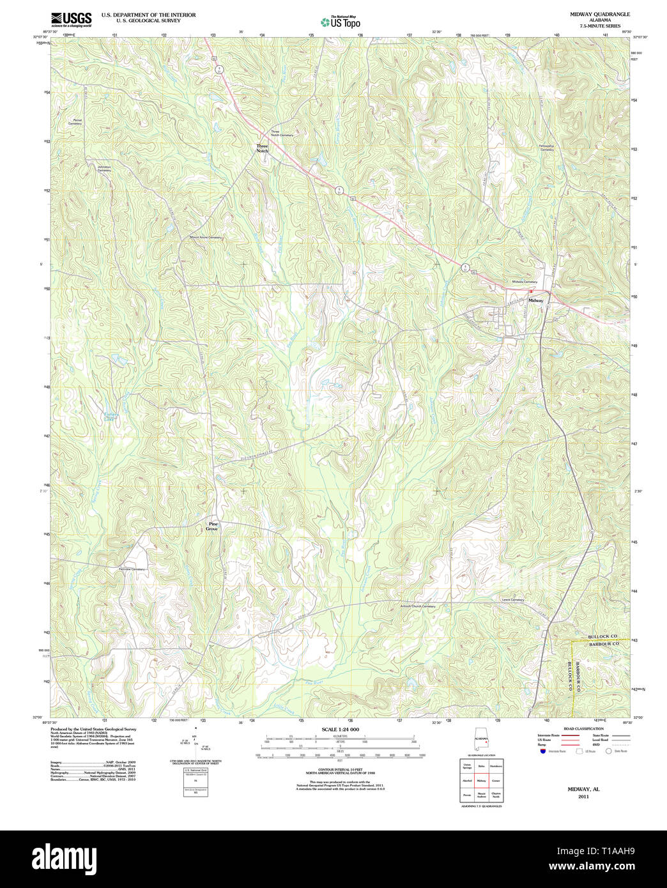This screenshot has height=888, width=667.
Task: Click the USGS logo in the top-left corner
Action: pyautogui.click(x=71, y=19)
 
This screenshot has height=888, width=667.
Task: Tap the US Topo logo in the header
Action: pyautogui.click(x=341, y=22)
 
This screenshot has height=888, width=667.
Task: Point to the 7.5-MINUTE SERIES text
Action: pyautogui.click(x=599, y=26)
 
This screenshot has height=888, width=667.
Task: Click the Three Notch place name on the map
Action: pyautogui.click(x=263, y=148)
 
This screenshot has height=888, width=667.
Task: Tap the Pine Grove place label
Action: pyautogui.click(x=213, y=526)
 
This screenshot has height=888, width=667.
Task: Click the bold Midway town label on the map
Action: pyautogui.click(x=535, y=300)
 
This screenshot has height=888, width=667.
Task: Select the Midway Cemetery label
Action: pyautogui.click(x=524, y=282)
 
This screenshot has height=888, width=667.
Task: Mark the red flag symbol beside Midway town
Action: pyautogui.click(x=530, y=291)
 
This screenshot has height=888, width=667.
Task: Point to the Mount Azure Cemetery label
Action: pyautogui.click(x=205, y=238)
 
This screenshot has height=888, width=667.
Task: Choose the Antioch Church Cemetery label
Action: pyautogui.click(x=418, y=606)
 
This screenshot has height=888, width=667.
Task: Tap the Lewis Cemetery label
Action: pyautogui.click(x=512, y=600)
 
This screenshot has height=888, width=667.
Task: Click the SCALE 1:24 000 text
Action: pyautogui.click(x=340, y=730)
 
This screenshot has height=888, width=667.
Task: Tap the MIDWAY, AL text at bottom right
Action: pyautogui.click(x=583, y=790)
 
